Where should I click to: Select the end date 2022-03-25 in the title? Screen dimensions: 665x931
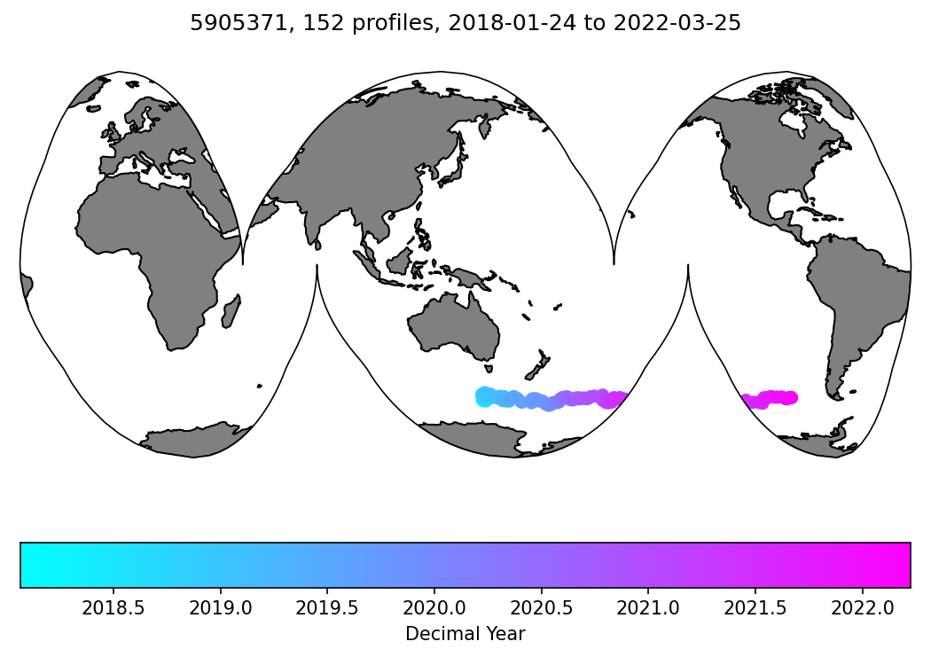click(x=688, y=24)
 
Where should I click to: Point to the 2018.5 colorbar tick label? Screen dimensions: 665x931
click(x=113, y=611)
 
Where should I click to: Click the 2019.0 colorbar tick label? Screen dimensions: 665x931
click(x=220, y=611)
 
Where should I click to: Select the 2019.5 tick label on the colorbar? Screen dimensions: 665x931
click(x=327, y=611)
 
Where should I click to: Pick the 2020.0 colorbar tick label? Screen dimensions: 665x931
click(x=434, y=611)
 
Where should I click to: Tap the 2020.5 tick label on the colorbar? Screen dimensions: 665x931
click(x=542, y=611)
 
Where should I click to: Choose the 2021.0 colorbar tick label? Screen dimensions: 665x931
click(x=648, y=611)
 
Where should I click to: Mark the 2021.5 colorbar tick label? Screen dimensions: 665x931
click(x=755, y=611)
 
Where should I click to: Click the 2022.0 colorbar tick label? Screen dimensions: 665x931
click(x=863, y=611)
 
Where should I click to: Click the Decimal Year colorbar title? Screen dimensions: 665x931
click(x=465, y=634)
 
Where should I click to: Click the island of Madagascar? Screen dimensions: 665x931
click(x=231, y=312)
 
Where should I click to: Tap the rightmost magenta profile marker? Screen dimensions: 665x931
click(x=790, y=397)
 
